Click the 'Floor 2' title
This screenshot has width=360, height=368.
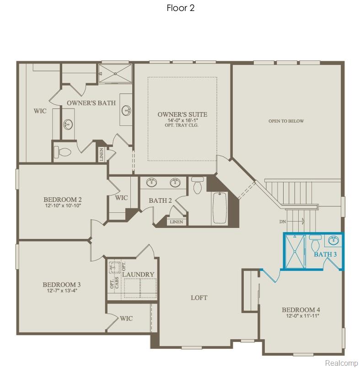tap(181, 8)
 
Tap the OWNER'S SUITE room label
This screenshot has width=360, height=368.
tap(182, 114)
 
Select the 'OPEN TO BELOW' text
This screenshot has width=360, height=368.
tap(286, 121)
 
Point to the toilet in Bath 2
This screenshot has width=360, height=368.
tap(198, 186)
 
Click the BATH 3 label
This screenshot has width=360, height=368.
tap(325, 254)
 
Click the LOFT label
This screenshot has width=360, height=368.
tap(199, 298)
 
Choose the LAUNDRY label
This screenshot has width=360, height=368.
tap(138, 274)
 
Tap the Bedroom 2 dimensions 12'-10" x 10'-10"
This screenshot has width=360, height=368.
tap(63, 206)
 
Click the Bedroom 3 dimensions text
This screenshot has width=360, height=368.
tap(61, 291)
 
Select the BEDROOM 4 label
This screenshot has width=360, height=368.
tap(301, 309)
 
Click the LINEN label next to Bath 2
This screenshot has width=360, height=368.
tap(176, 222)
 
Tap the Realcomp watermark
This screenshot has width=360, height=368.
tap(341, 363)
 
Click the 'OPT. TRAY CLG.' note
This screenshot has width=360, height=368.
tap(182, 125)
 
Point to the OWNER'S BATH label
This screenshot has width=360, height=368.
tap(87, 103)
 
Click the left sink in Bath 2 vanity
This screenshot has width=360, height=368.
tap(151, 183)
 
